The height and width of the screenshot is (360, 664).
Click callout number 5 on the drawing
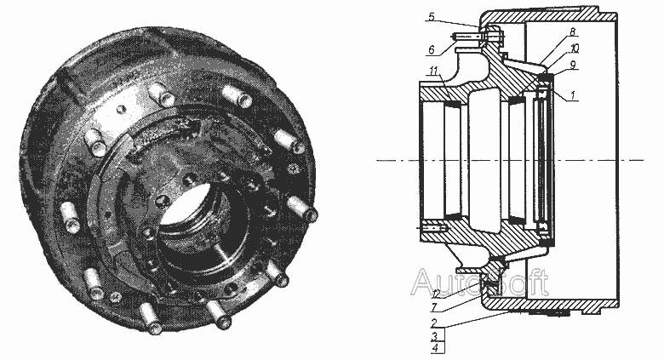click(432, 17)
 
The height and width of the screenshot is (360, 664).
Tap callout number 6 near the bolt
click(431, 50)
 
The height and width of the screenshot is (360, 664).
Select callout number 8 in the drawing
click(572, 32)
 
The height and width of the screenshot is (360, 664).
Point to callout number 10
click(575, 49)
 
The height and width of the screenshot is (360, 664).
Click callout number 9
click(572, 65)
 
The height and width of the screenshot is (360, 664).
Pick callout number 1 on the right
click(572, 95)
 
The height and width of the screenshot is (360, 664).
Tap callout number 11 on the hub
click(433, 71)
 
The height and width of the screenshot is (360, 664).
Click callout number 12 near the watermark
click(437, 292)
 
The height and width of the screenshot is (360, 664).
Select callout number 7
click(434, 307)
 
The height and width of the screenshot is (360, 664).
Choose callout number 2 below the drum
click(433, 323)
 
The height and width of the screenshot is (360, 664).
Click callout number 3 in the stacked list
click(434, 337)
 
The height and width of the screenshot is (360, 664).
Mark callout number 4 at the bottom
click(434, 349)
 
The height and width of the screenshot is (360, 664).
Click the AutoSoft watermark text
click(479, 282)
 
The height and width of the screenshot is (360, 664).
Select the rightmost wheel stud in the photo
click(302, 209)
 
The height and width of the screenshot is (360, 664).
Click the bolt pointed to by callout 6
click(478, 37)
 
